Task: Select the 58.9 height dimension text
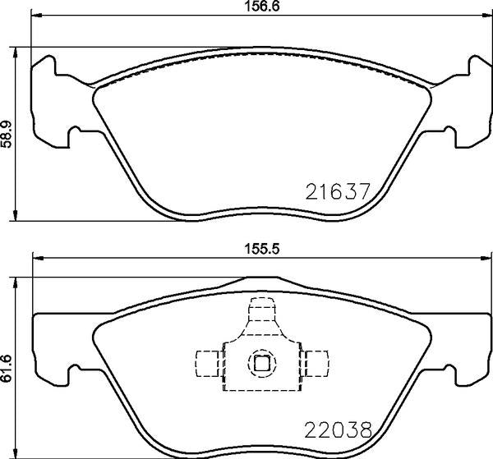click(x=9, y=134)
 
